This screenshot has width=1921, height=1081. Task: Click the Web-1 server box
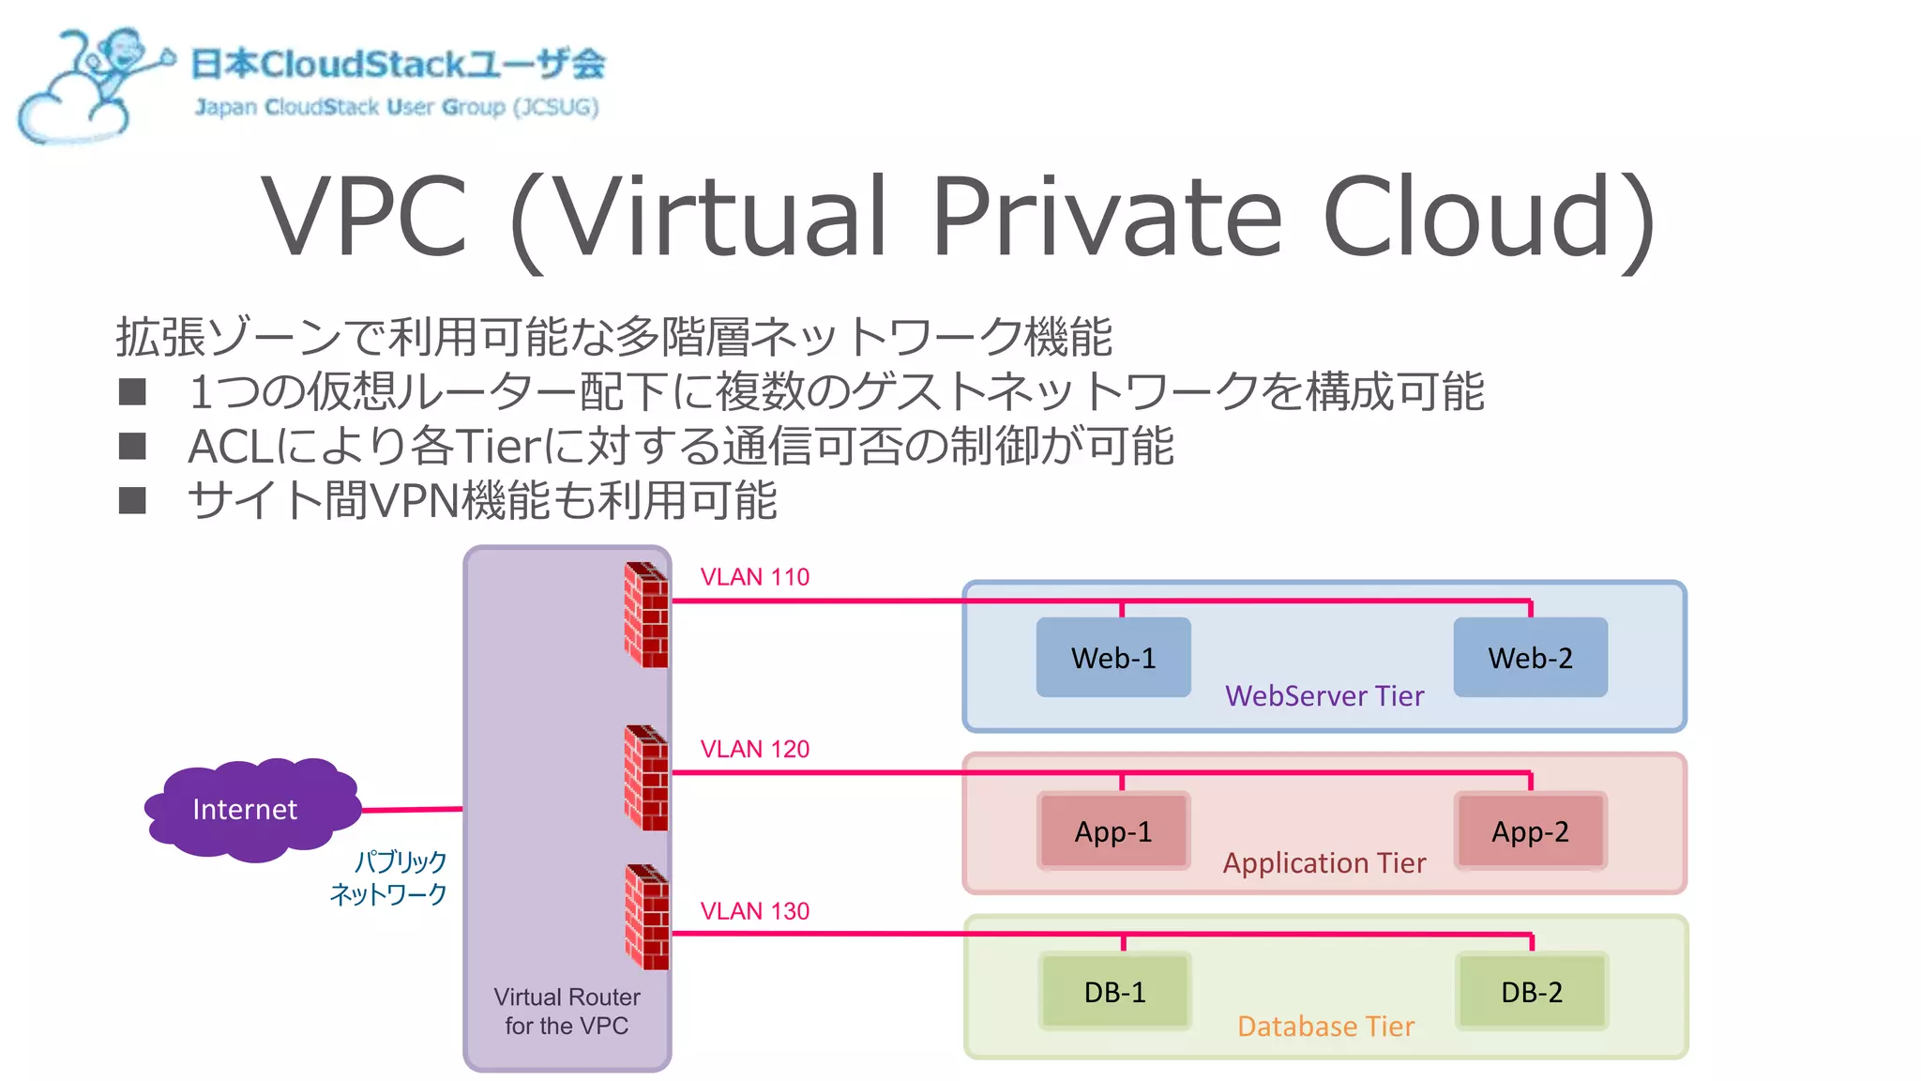point(1113,658)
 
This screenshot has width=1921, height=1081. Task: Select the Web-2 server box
point(1530,658)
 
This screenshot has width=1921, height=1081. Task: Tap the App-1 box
point(1113,831)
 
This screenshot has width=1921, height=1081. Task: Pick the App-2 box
point(1530,831)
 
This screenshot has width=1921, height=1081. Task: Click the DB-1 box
point(1114,992)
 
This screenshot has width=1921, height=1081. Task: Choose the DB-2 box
point(1531,992)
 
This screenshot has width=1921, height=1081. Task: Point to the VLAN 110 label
point(754,577)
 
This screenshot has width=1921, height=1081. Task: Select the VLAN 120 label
point(754,749)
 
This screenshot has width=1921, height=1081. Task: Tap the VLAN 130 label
point(754,911)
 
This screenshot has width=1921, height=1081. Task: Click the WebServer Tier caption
point(1324,696)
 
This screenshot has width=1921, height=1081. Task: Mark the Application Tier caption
point(1324,863)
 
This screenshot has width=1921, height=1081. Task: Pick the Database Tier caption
point(1324,1027)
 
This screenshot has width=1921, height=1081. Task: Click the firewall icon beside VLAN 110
point(646,615)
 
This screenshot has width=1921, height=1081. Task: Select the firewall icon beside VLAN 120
point(646,778)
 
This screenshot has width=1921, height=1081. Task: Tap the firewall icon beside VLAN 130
point(646,917)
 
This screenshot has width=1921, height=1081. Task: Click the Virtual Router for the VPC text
point(567,1011)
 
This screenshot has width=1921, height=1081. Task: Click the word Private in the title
point(1107,218)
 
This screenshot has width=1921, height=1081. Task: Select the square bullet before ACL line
point(132,447)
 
